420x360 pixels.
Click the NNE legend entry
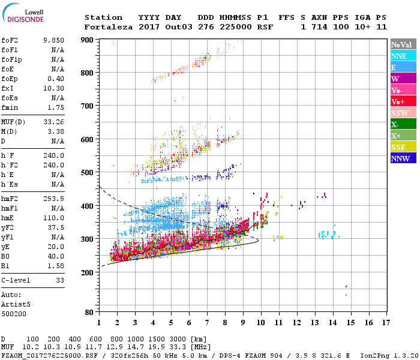pos(403,56)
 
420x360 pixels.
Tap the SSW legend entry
pos(403,113)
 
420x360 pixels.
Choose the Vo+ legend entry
pos(403,101)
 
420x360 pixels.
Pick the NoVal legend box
pos(403,44)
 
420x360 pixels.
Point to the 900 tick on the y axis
pos(86,40)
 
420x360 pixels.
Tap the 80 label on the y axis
pos(89,313)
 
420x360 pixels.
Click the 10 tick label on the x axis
pos(261,323)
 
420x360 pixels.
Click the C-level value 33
pos(60,280)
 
